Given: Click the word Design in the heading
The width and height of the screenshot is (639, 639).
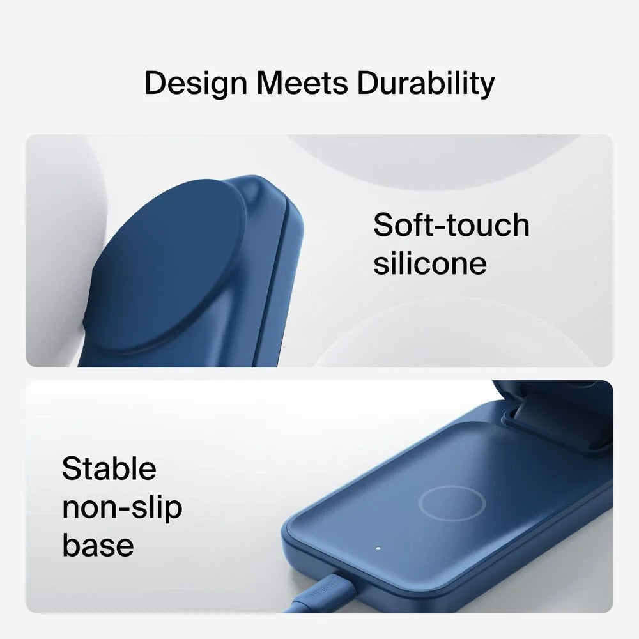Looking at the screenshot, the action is pos(196,84).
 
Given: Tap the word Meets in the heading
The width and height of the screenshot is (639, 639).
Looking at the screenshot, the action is pos(302,83).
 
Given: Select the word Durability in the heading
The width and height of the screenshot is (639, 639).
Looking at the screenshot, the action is pos(426,84).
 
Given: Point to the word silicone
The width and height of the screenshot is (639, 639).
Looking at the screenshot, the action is pos(430,263).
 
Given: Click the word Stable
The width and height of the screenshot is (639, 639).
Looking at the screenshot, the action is pos(109,468).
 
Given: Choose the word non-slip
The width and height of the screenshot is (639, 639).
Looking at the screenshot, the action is pos(122,508).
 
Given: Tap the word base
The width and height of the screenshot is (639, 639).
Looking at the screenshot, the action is pos(98,545).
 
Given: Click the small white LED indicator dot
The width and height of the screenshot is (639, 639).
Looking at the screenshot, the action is pos(378,548).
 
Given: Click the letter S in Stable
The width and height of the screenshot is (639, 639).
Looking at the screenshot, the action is pos(72,468).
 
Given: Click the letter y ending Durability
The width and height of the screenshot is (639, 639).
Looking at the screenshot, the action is pos(487,88).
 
